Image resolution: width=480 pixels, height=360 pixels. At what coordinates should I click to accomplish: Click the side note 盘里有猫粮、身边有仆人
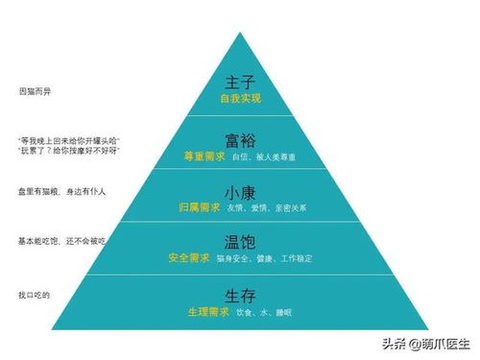point(61,191)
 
